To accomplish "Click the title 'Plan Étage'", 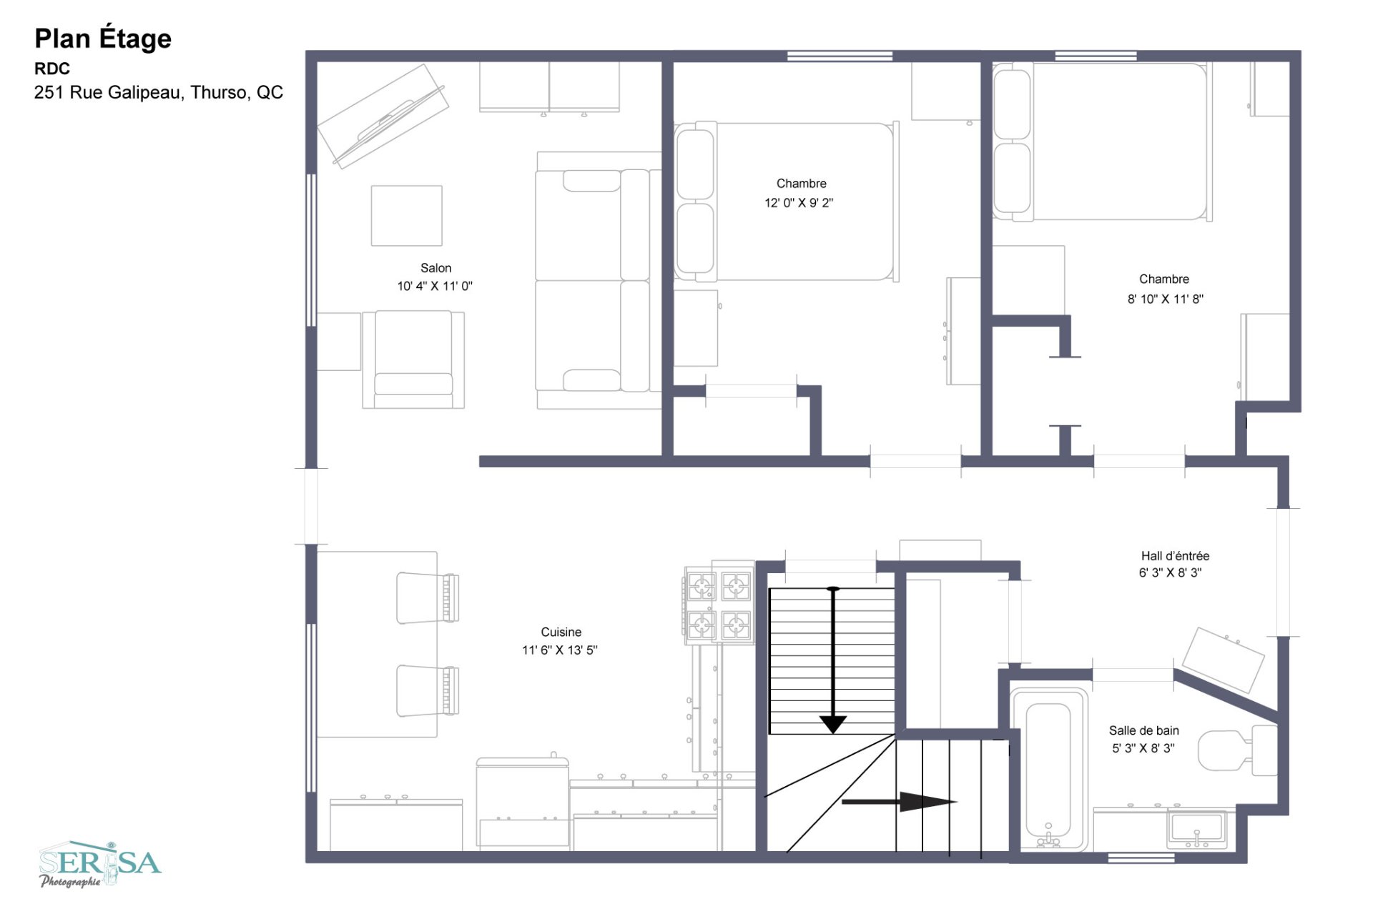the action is [x=103, y=39].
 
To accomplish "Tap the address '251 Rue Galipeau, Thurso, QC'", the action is [x=159, y=92].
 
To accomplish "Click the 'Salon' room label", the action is [x=435, y=268].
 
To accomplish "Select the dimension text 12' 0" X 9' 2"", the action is [x=799, y=203].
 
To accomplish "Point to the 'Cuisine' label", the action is [x=561, y=632].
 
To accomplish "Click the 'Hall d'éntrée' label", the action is [x=1175, y=555].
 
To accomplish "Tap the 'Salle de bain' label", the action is [x=1143, y=730].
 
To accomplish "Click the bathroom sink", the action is [x=1196, y=829].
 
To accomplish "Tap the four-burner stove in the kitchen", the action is [x=719, y=605].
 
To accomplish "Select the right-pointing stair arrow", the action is [x=900, y=802].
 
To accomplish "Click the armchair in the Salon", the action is [x=413, y=359].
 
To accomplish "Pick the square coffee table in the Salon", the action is [x=406, y=216].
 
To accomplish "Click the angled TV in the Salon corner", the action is [x=383, y=116].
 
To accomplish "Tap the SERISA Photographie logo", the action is [x=100, y=864].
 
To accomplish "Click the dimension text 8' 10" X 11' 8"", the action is [x=1166, y=299].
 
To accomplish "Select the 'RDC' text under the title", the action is [x=52, y=69].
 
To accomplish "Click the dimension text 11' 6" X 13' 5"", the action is [x=559, y=650].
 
